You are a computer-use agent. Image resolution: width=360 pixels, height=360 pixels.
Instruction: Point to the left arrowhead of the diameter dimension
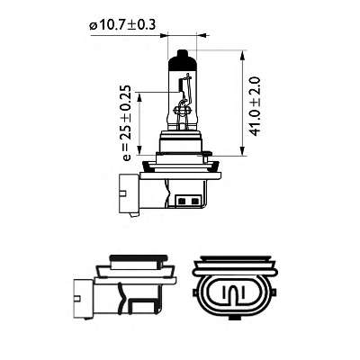click(x=167, y=37)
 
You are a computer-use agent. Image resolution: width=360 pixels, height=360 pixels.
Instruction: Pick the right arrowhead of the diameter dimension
click(x=198, y=37)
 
